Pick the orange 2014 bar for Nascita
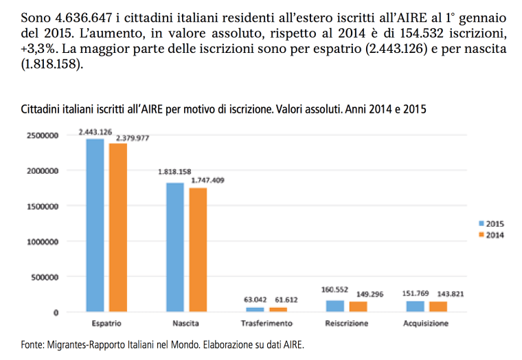pyautogui.click(x=198, y=250)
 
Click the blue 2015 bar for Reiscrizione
pyautogui.click(x=336, y=306)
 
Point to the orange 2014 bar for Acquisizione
pyautogui.click(x=438, y=307)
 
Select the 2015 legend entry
pyautogui.click(x=490, y=223)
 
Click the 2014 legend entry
pyautogui.click(x=490, y=235)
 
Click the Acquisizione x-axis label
pyautogui.click(x=427, y=323)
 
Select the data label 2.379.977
pyautogui.click(x=132, y=138)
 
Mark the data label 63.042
pyautogui.click(x=256, y=300)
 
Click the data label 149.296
pyautogui.click(x=370, y=294)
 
